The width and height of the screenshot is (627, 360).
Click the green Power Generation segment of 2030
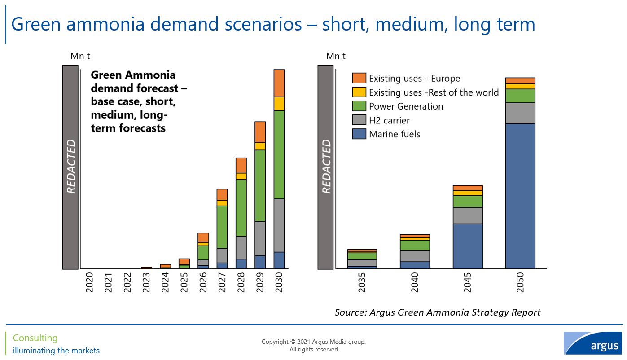pyautogui.click(x=279, y=154)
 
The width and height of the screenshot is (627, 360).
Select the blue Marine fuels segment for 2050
pyautogui.click(x=520, y=196)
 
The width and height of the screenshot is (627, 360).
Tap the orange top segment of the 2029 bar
pyautogui.click(x=260, y=132)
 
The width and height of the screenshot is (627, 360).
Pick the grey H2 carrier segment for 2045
pyautogui.click(x=468, y=215)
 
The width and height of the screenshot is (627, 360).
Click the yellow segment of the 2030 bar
pyautogui.click(x=279, y=104)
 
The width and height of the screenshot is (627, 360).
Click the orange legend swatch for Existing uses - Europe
pyautogui.click(x=359, y=78)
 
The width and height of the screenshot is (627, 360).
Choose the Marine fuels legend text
pyautogui.click(x=395, y=134)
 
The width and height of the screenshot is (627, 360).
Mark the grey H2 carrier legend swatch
pyautogui.click(x=359, y=120)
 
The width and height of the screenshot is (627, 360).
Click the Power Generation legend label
pyautogui.click(x=406, y=106)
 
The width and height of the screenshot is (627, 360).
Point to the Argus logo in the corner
pyautogui.click(x=592, y=343)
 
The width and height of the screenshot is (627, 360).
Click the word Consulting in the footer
pyautogui.click(x=35, y=338)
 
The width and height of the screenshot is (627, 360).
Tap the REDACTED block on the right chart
pyautogui.click(x=326, y=167)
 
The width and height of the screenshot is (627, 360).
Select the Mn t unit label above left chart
pyautogui.click(x=80, y=56)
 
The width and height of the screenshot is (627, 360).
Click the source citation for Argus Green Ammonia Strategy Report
pyautogui.click(x=437, y=312)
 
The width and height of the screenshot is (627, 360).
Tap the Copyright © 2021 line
pyautogui.click(x=314, y=342)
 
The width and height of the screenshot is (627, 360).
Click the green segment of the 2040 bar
pyautogui.click(x=415, y=245)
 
